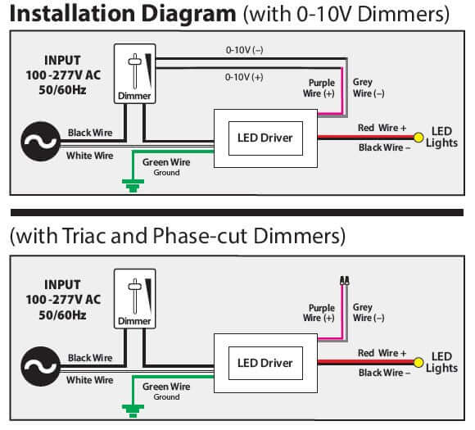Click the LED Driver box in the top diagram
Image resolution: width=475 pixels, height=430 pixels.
[x=265, y=138]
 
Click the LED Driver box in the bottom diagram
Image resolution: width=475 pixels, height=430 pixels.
[x=265, y=363]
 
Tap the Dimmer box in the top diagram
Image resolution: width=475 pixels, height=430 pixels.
[x=135, y=74]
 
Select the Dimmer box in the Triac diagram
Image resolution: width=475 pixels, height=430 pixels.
[x=135, y=299]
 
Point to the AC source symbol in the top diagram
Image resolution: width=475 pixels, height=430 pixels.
[x=40, y=141]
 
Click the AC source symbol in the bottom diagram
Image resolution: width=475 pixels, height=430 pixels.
[x=40, y=366]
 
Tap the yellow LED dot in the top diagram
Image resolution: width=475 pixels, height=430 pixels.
[x=418, y=138]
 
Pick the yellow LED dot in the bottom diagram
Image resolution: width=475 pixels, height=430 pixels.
[x=418, y=362]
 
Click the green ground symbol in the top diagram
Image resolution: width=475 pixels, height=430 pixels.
[x=133, y=185]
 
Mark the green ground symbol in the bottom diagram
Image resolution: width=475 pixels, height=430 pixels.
[x=133, y=410]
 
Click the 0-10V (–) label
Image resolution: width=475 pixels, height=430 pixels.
[x=245, y=50]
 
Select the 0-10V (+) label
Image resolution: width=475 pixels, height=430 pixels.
[x=244, y=77]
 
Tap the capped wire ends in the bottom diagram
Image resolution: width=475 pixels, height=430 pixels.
[x=345, y=280]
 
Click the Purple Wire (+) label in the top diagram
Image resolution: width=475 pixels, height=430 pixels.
[x=319, y=88]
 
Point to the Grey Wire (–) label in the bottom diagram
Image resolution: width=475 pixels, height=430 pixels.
[x=369, y=312]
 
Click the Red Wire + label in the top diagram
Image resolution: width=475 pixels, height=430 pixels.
[x=382, y=128]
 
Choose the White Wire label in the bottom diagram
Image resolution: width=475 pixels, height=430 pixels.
[x=90, y=380]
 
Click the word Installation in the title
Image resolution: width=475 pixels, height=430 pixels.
[x=73, y=14]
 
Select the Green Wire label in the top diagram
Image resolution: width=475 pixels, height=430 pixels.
[x=166, y=162]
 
